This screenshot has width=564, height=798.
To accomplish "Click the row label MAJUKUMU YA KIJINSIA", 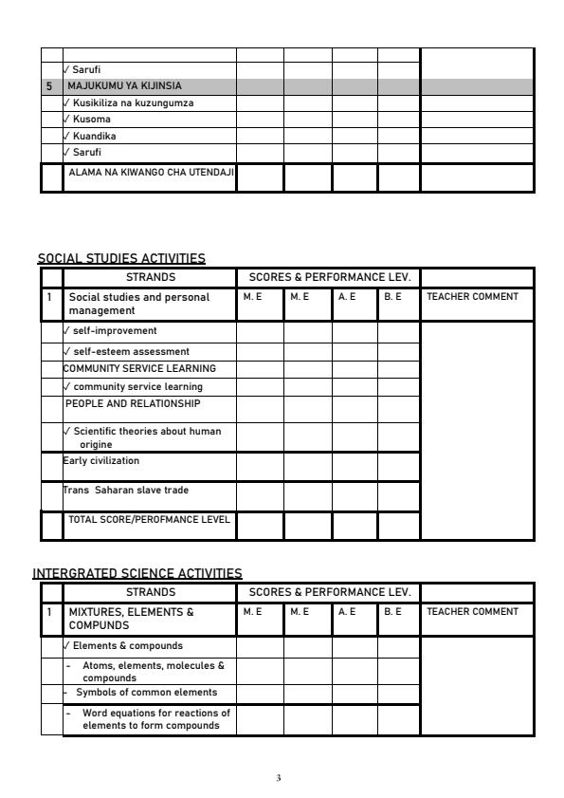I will pyautogui.click(x=123, y=85).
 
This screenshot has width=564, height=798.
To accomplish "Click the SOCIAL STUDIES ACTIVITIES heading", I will pyautogui.click(x=121, y=258).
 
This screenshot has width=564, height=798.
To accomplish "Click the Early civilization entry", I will pyautogui.click(x=101, y=461).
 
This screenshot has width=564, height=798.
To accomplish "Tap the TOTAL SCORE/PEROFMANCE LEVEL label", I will pyautogui.click(x=149, y=519).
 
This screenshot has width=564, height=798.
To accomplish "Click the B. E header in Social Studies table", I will pyautogui.click(x=393, y=297).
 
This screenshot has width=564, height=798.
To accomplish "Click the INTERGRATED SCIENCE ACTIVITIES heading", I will pyautogui.click(x=138, y=573).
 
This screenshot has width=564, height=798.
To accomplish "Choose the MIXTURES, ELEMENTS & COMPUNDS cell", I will pyautogui.click(x=131, y=618).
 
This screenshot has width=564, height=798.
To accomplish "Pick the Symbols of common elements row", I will pyautogui.click(x=140, y=692).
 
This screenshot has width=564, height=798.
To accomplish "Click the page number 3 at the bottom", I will pyautogui.click(x=279, y=778).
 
